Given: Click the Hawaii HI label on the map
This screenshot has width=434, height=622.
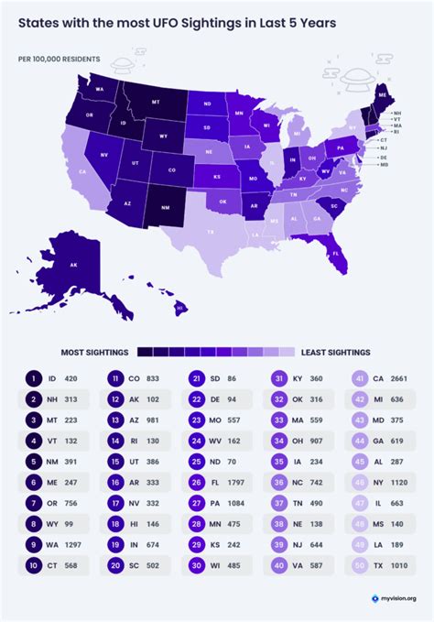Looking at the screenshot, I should point(180,308).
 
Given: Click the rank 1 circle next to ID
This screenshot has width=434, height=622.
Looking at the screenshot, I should point(33,377).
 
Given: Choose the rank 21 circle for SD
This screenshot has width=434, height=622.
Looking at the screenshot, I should point(196,377).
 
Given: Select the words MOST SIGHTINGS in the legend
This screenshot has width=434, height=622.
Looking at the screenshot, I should point(96,351).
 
